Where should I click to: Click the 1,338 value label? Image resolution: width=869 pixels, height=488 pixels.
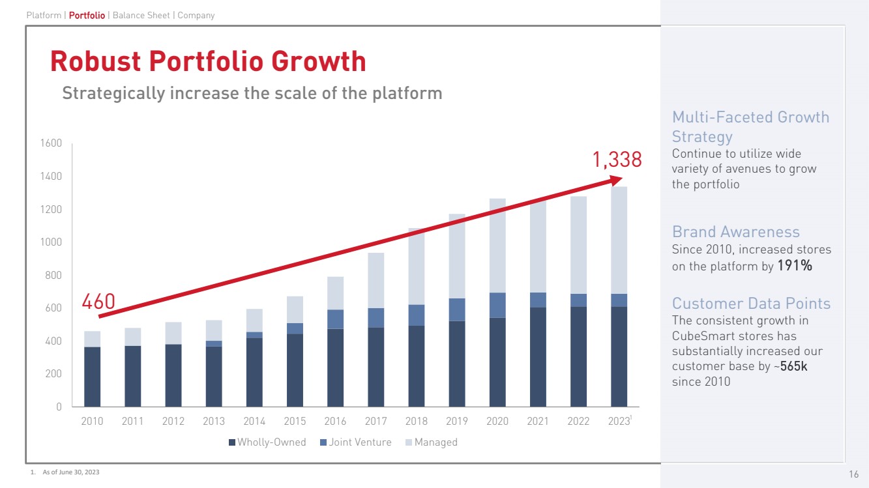(x=617, y=160)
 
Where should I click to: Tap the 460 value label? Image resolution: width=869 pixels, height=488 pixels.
(x=98, y=302)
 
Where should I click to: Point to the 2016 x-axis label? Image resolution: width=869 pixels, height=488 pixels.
(x=335, y=422)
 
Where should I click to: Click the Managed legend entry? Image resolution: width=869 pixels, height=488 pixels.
(x=435, y=442)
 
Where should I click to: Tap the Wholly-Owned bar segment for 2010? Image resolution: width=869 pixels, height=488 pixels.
(x=93, y=377)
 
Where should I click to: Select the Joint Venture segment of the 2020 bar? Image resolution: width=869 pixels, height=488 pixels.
(x=497, y=305)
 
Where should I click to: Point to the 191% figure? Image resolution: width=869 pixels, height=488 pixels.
(x=795, y=266)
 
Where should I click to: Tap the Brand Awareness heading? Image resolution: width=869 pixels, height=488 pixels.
(x=735, y=232)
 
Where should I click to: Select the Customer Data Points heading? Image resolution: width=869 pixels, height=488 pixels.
(x=751, y=304)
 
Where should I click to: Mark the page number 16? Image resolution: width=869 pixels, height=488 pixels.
(x=853, y=474)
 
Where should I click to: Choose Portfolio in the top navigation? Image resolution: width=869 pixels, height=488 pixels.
(x=87, y=15)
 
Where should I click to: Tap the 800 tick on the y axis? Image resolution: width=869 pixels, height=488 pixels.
(x=53, y=275)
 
